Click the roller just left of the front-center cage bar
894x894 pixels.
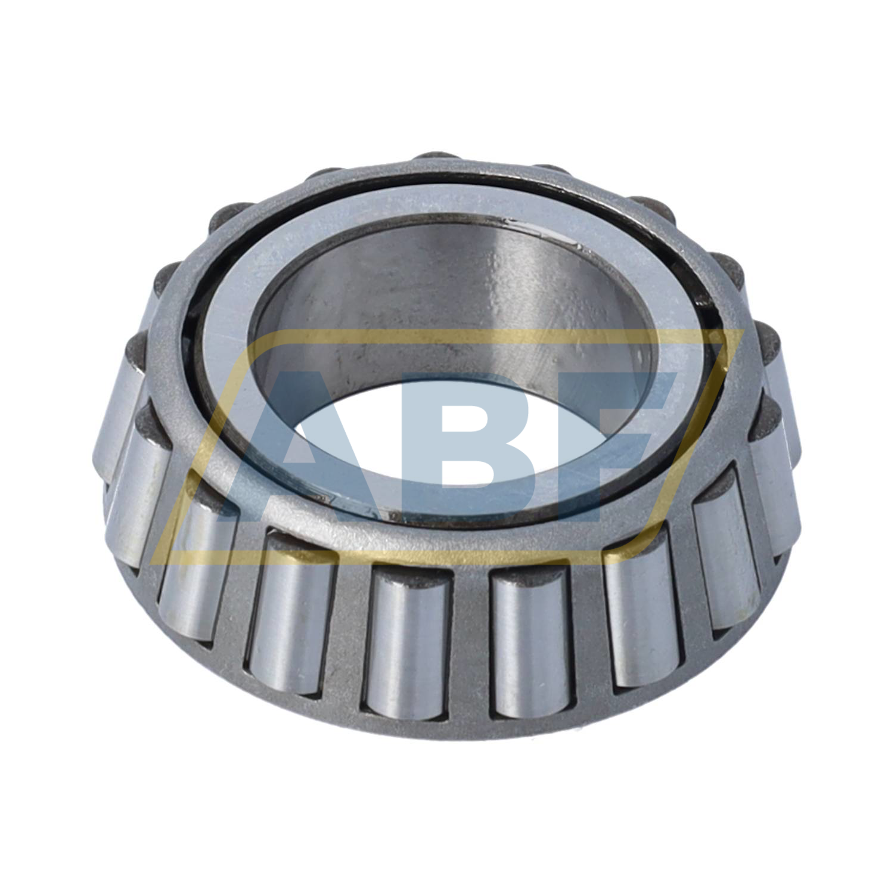pyautogui.click(x=406, y=644)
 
